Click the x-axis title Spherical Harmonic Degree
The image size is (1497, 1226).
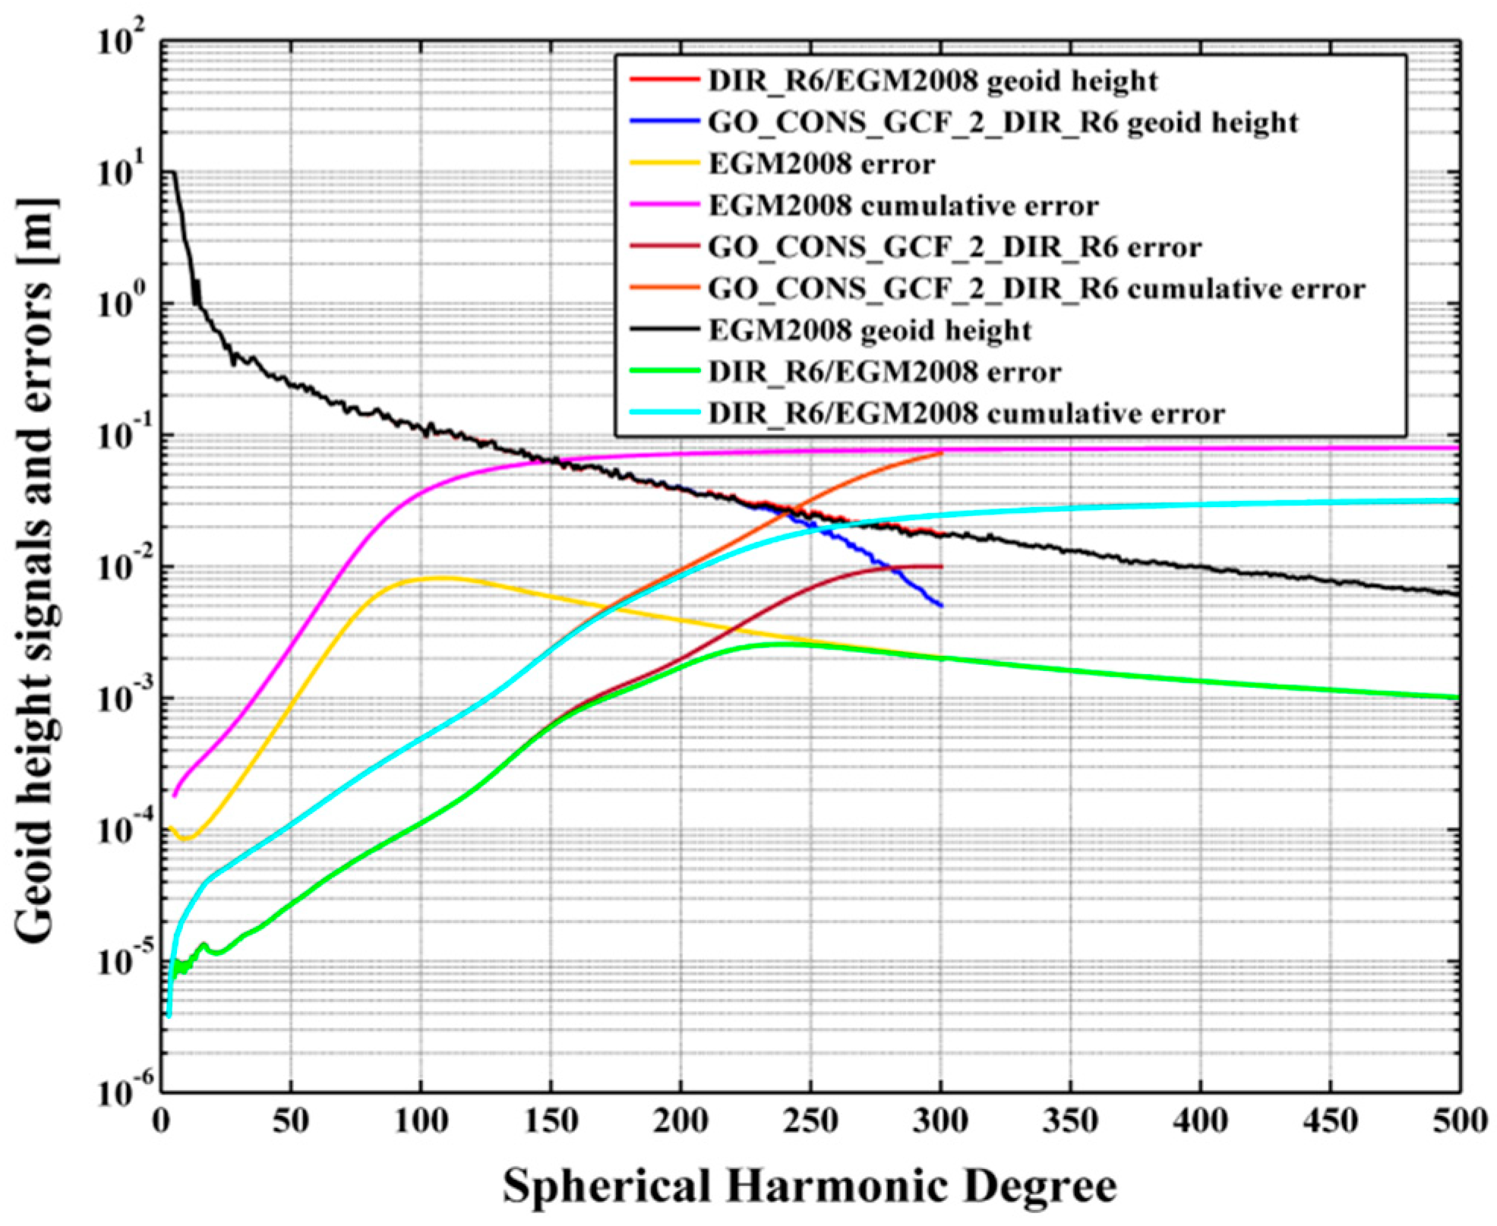[x=810, y=1185]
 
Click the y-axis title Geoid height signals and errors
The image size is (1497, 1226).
[x=35, y=569]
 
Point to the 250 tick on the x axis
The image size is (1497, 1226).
[x=810, y=1120]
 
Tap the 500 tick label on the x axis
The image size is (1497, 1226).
[x=1459, y=1120]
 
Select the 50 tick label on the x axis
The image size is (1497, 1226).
[x=291, y=1120]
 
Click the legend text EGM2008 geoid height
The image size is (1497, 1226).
[x=869, y=330]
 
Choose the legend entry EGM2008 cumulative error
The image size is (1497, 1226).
[x=903, y=206]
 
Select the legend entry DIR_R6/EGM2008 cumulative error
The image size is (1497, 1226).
[x=966, y=414]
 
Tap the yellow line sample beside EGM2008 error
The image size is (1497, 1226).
[x=664, y=162]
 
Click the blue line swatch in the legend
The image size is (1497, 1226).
[x=664, y=121]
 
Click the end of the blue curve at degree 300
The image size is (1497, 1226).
[x=941, y=605]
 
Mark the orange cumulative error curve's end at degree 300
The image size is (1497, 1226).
[x=941, y=453]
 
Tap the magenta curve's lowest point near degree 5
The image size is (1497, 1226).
[x=175, y=796]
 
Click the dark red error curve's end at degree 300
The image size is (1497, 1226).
[x=941, y=566]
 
